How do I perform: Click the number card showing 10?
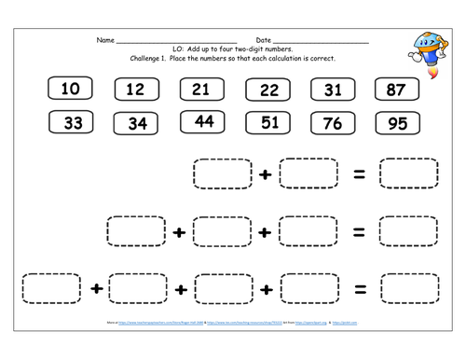(x=70, y=90)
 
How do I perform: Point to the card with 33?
(x=73, y=124)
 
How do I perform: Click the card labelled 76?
(x=335, y=124)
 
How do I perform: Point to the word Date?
(x=263, y=41)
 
